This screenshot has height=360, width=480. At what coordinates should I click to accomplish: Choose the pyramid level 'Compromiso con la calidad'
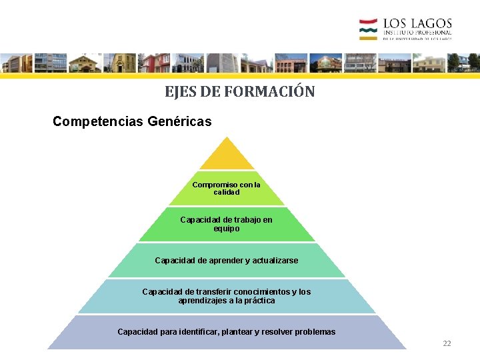[x=227, y=188]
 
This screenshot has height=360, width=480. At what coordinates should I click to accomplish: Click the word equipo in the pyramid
[x=227, y=229]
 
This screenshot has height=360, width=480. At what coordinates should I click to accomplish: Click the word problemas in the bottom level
[x=314, y=332]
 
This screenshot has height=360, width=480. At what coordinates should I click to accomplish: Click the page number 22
[x=447, y=343]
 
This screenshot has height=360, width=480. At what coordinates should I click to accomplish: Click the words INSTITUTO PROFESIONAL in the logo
[x=417, y=33]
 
